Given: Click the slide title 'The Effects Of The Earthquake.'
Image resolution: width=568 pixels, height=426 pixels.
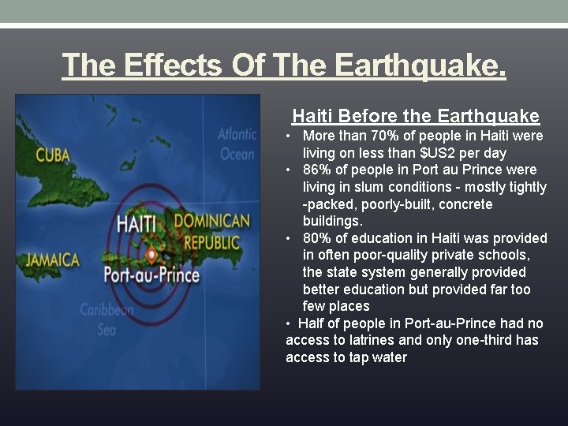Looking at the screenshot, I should point(284,65).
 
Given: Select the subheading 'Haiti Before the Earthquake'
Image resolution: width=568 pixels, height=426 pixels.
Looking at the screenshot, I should point(416,116).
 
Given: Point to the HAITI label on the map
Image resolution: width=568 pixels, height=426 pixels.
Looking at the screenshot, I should point(136,223).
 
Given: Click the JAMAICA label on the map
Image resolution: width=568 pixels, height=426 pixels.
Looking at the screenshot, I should point(53,260).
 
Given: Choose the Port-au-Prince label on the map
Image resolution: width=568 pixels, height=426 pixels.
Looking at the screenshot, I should point(151,275).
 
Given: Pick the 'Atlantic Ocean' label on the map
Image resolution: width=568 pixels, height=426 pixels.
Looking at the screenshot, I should point(237,144).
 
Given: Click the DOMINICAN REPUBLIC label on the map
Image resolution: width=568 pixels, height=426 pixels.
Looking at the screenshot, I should point(211,230).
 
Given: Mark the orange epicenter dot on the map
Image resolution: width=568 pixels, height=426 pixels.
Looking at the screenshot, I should point(151,254).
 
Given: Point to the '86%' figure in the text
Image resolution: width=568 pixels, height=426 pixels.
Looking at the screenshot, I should point(316,170).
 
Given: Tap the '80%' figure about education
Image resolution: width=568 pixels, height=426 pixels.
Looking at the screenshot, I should point(316,238).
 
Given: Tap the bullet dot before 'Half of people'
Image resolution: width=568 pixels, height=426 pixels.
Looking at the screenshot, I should point(290,323).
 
